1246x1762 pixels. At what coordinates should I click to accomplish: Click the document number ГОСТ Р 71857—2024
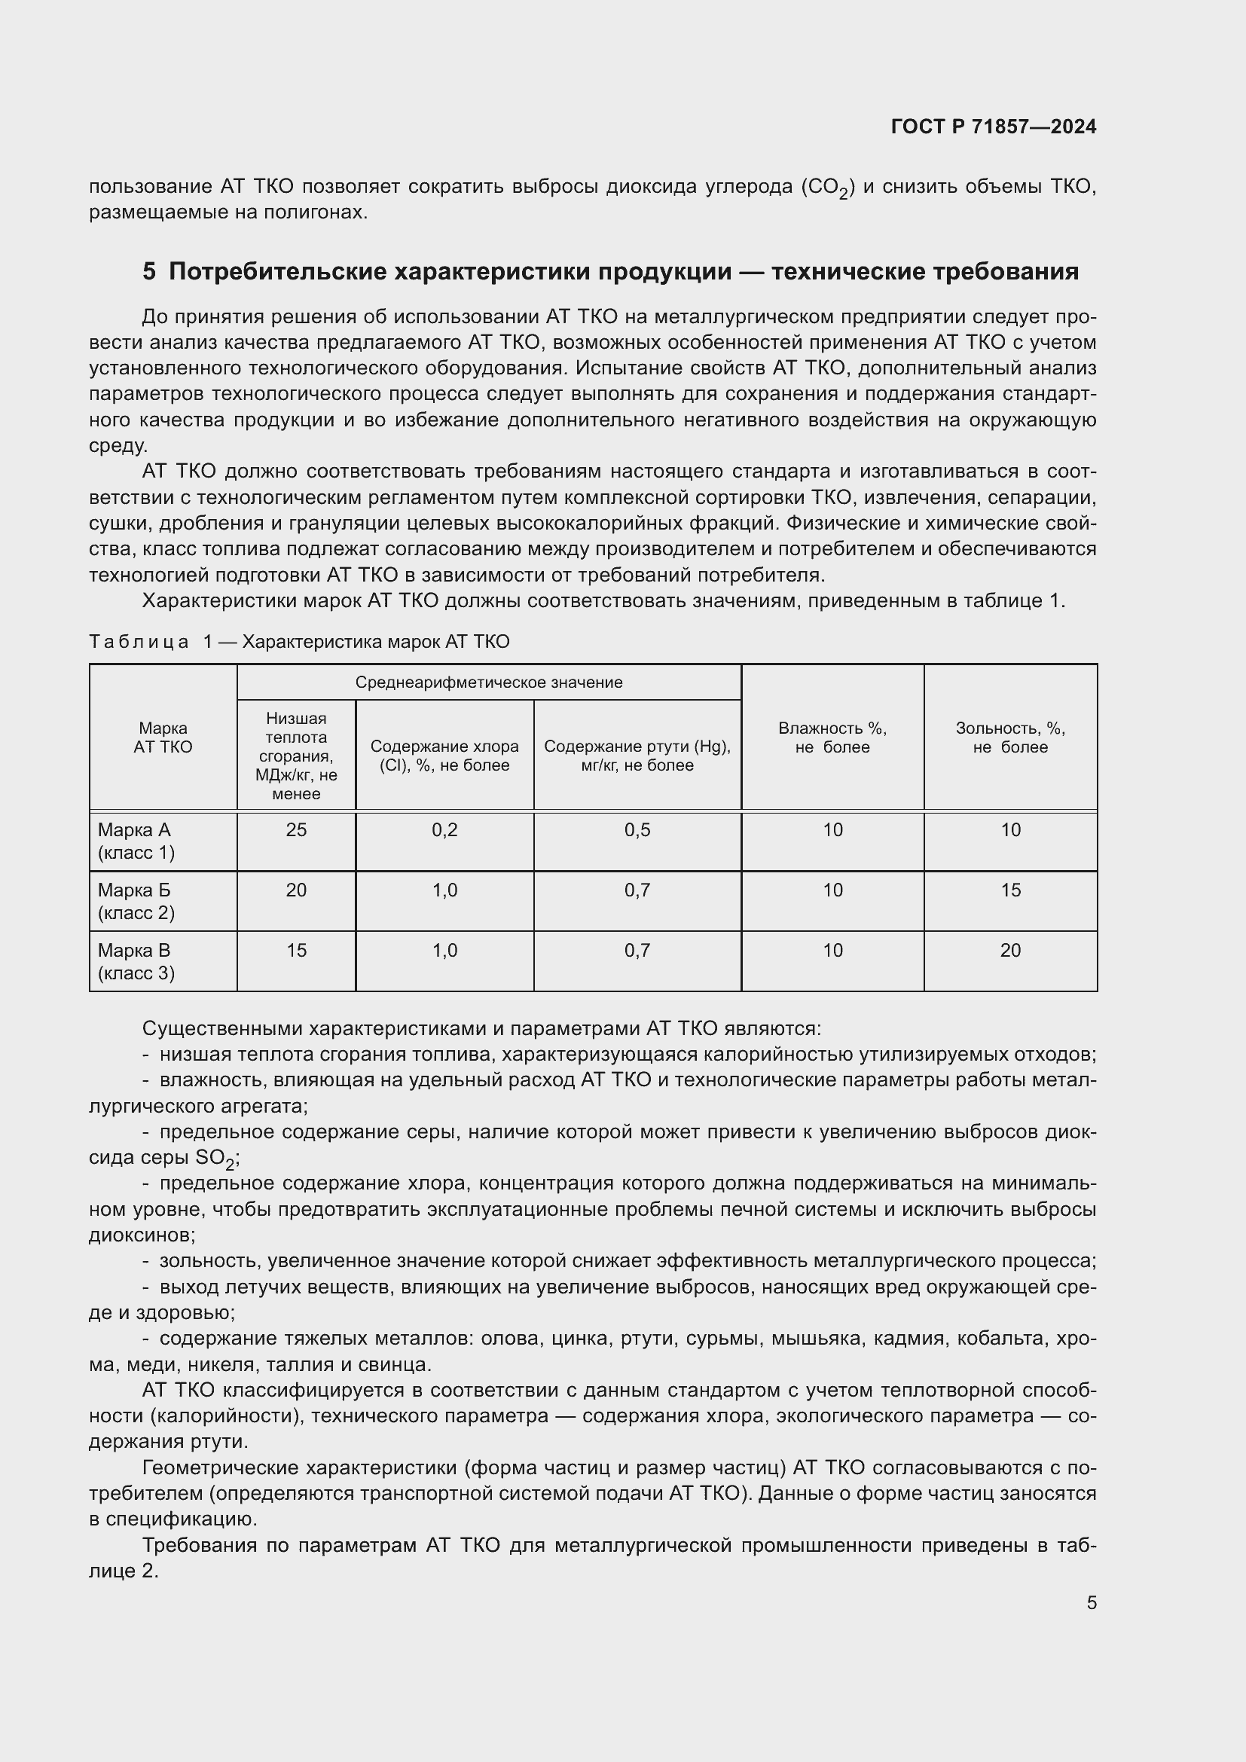(x=993, y=127)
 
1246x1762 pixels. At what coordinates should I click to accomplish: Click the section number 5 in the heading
(x=149, y=272)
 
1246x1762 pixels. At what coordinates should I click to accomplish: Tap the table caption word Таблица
(x=139, y=642)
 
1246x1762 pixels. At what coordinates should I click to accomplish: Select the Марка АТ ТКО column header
(x=163, y=737)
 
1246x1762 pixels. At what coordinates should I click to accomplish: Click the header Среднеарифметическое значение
(x=489, y=683)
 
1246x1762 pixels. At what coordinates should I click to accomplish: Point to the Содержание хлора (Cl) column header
(x=444, y=755)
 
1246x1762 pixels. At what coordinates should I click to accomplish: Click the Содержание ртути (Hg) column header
(x=637, y=755)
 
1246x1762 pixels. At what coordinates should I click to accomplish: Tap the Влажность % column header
(x=832, y=737)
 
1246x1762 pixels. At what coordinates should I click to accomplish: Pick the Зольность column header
(x=1009, y=737)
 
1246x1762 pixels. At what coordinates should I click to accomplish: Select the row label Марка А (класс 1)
(x=136, y=841)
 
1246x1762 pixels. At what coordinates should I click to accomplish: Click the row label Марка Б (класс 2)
(x=136, y=901)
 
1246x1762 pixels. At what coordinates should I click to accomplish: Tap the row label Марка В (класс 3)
(x=136, y=961)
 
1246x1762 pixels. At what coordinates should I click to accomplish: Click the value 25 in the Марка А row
(x=296, y=829)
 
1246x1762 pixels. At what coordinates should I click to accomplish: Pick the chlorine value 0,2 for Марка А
(x=444, y=829)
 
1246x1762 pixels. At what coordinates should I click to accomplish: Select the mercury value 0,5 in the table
(x=637, y=829)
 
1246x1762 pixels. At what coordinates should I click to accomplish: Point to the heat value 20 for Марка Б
(x=296, y=890)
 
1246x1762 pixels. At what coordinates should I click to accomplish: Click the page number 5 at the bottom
(x=1091, y=1603)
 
